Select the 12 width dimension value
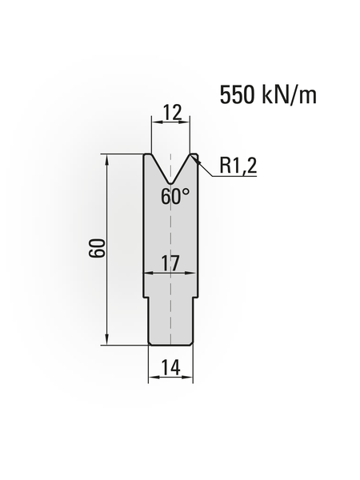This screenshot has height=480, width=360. pyautogui.click(x=170, y=113)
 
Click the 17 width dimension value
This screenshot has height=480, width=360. pyautogui.click(x=170, y=262)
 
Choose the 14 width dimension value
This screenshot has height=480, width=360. pyautogui.click(x=170, y=367)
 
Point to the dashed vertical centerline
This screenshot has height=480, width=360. pyautogui.click(x=170, y=240)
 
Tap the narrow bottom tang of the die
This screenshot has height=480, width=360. pyautogui.click(x=170, y=324)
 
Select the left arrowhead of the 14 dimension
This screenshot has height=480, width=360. pyautogui.click(x=152, y=378)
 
